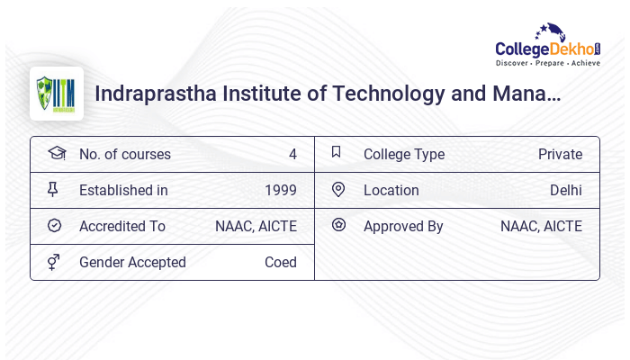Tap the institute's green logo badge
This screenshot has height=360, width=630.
(56, 94)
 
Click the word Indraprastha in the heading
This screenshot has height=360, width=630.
(148, 94)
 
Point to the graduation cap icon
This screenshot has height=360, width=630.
(56, 153)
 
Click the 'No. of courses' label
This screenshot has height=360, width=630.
(124, 154)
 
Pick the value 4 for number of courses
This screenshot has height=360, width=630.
(292, 154)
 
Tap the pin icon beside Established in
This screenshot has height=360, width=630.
(53, 189)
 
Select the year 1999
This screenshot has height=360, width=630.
(280, 190)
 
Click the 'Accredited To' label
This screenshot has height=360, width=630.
(121, 226)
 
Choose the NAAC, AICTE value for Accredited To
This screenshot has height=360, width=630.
(256, 226)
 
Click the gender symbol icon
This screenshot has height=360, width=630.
(54, 262)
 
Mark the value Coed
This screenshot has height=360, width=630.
(280, 262)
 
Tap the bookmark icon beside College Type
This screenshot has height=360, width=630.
(337, 152)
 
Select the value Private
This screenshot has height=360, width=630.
(560, 154)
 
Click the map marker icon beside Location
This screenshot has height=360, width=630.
(338, 189)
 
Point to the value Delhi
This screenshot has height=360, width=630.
(565, 190)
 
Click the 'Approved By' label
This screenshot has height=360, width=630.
(403, 226)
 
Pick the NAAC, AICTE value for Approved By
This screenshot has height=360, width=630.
(541, 226)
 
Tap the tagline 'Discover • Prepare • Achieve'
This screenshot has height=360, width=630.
(547, 63)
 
